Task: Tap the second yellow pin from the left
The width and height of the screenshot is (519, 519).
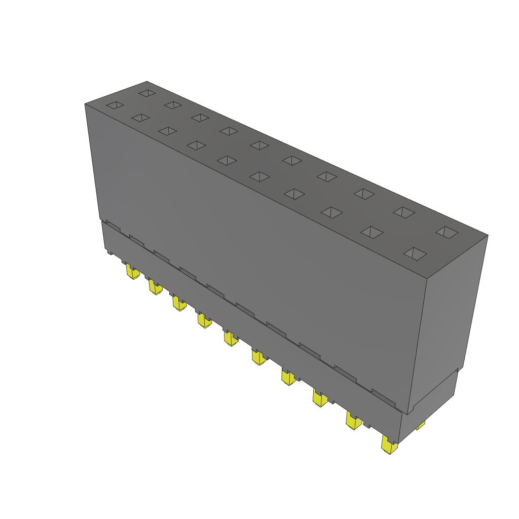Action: pyautogui.click(x=155, y=287)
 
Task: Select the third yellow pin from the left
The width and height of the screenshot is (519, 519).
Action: pyautogui.click(x=178, y=304)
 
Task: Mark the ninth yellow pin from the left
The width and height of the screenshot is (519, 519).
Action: pyautogui.click(x=354, y=420)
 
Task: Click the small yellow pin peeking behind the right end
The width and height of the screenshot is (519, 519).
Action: pyautogui.click(x=420, y=426)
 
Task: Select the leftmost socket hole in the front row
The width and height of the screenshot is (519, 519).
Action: pyautogui.click(x=115, y=105)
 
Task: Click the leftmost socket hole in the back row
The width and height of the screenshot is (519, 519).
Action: pyautogui.click(x=147, y=93)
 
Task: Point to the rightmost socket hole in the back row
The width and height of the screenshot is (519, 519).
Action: pyautogui.click(x=447, y=232)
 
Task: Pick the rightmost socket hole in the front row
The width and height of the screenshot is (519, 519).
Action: pyautogui.click(x=415, y=253)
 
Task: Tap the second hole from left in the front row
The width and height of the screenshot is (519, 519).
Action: pyautogui.click(x=140, y=118)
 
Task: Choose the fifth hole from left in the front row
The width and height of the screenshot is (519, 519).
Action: pyautogui.click(x=227, y=160)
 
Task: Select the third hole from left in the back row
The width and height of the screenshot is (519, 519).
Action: pyautogui.click(x=200, y=118)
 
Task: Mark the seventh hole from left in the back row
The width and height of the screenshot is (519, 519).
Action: pyautogui.click(x=327, y=176)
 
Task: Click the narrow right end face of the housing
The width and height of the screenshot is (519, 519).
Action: pyautogui.click(x=446, y=324)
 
